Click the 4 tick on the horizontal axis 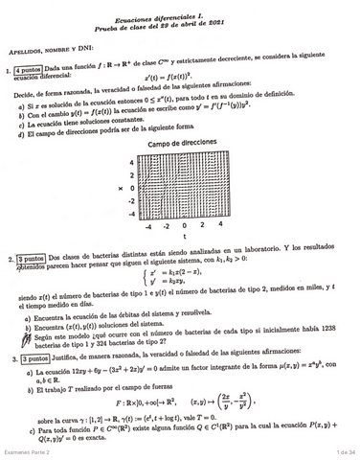point(219,226)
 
